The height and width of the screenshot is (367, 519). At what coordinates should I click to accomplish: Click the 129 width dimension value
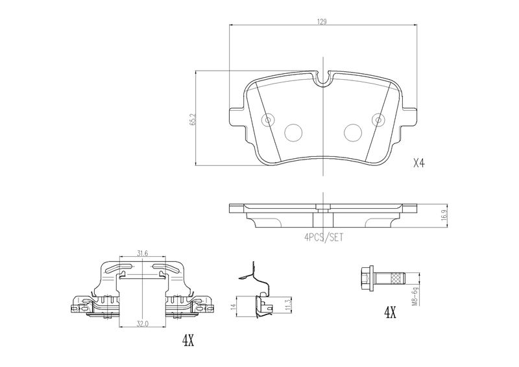click(x=322, y=22)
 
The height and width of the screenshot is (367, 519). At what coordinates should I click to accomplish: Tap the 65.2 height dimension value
click(x=193, y=119)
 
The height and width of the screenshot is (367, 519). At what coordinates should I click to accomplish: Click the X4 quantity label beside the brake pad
click(x=418, y=163)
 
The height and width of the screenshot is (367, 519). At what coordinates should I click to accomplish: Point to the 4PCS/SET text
click(x=324, y=237)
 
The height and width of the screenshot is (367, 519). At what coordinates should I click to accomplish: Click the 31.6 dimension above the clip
click(x=142, y=254)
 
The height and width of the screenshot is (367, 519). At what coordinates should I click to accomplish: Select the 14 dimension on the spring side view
click(x=234, y=307)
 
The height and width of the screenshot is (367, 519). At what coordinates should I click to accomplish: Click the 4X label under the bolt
click(x=391, y=312)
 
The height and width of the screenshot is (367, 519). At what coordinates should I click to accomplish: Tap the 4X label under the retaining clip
click(x=188, y=340)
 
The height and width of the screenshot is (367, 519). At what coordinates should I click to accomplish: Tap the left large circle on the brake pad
click(x=294, y=132)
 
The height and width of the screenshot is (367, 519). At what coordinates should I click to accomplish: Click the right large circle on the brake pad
click(x=353, y=132)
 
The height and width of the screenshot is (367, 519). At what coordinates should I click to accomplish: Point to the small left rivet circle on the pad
click(x=267, y=119)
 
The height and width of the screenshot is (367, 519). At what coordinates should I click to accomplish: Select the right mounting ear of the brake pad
click(x=409, y=117)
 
